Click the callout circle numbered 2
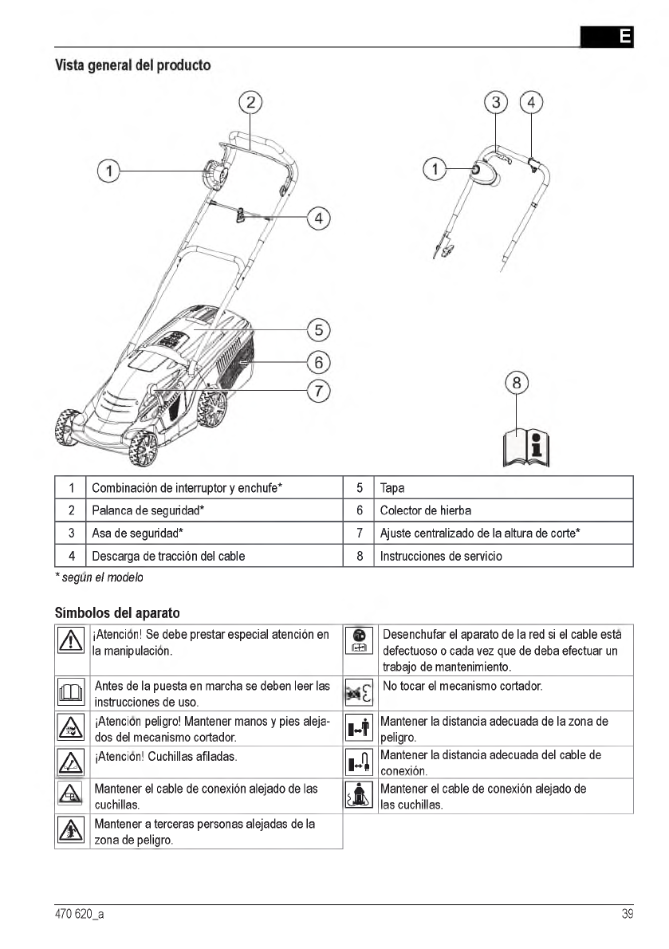coord(250,101)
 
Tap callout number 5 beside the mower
coord(318,329)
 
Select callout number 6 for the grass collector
coord(318,361)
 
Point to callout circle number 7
coord(318,391)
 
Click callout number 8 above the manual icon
coord(517,383)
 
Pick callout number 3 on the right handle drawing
coord(497,102)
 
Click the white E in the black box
coord(625,36)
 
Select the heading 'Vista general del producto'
coord(132,65)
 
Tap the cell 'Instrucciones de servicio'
coord(441,556)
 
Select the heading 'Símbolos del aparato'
coord(117,613)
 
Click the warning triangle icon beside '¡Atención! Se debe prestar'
coord(72,642)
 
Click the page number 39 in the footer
coord(627,915)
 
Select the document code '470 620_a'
coord(78,915)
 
